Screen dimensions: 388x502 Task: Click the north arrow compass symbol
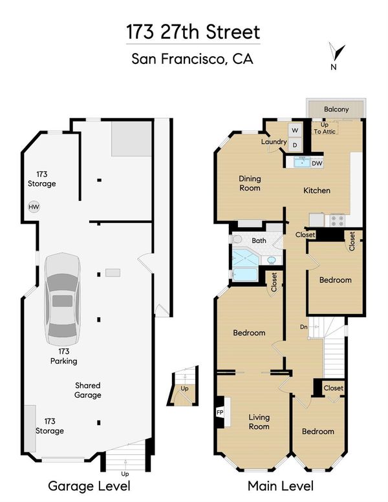click(x=336, y=52)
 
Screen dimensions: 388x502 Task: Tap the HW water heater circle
click(x=34, y=207)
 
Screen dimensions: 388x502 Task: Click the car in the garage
click(x=63, y=299)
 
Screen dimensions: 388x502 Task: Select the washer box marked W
click(x=295, y=131)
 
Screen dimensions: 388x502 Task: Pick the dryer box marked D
click(x=295, y=145)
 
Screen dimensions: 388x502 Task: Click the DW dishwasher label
click(x=317, y=163)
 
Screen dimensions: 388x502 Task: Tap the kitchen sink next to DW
click(x=302, y=163)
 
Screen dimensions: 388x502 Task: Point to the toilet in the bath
click(x=237, y=239)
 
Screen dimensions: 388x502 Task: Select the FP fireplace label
click(x=220, y=412)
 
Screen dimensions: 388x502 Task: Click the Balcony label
click(x=336, y=109)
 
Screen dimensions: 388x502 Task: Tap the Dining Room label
click(x=250, y=183)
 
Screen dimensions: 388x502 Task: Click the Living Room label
click(x=259, y=422)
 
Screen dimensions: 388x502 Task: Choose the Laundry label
click(x=274, y=141)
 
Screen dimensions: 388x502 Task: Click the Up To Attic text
click(x=325, y=128)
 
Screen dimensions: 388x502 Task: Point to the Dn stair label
click(x=304, y=327)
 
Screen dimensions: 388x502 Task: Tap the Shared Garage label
click(x=88, y=390)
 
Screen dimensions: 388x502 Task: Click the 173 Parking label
click(x=64, y=356)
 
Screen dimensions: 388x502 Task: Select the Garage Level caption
click(x=89, y=486)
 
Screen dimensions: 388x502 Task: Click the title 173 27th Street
click(x=193, y=32)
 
